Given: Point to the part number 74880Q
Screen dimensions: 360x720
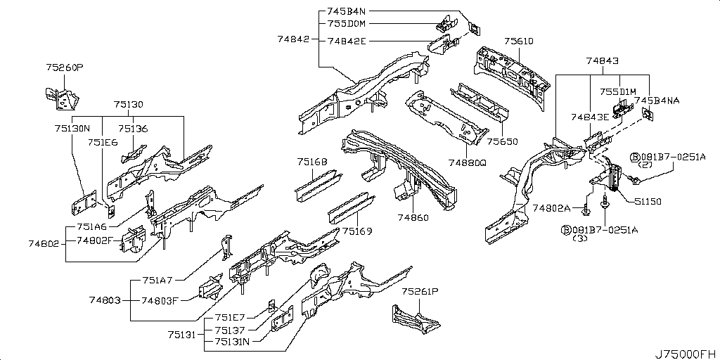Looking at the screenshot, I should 468,162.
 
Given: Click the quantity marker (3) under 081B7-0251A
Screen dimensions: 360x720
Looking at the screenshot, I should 580,239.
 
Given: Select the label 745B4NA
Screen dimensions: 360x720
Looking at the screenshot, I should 657,101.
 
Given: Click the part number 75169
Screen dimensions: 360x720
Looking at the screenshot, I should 357,231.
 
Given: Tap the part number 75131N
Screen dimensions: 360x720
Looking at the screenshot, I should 233,342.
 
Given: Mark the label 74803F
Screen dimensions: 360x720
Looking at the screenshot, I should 159,301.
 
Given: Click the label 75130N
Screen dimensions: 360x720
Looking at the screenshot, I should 73,129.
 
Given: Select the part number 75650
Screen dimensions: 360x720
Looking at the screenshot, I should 503,141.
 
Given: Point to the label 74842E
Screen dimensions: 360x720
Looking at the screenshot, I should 347,41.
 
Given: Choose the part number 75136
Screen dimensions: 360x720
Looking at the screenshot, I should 133,129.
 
